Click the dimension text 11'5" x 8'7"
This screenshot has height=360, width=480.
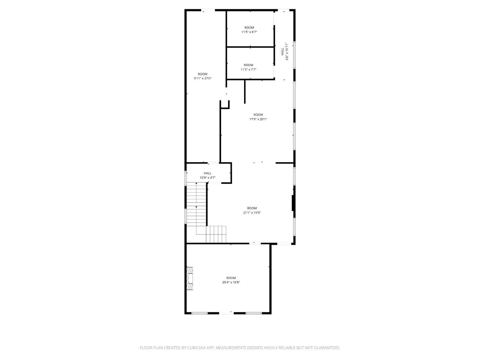point(249,32)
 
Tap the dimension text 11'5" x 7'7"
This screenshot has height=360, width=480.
point(248,69)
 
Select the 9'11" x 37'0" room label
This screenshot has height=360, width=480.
point(203,76)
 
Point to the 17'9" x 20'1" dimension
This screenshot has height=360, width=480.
point(258,119)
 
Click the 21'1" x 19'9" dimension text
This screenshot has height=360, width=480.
point(252,213)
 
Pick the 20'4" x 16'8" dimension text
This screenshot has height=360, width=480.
point(231,283)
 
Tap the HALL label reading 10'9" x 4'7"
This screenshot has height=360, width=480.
point(208,175)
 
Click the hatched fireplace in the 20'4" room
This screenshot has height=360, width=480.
point(189,278)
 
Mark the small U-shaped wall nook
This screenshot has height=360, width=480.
point(225,105)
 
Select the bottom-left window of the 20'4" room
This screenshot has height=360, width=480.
point(199,313)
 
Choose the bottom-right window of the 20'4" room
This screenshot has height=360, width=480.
point(254,313)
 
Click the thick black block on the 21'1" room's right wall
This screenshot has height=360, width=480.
point(293,203)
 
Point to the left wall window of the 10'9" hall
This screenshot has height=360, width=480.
point(186,178)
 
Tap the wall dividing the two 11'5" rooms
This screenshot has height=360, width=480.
point(250,47)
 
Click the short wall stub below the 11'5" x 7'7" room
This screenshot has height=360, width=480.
point(245,92)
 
